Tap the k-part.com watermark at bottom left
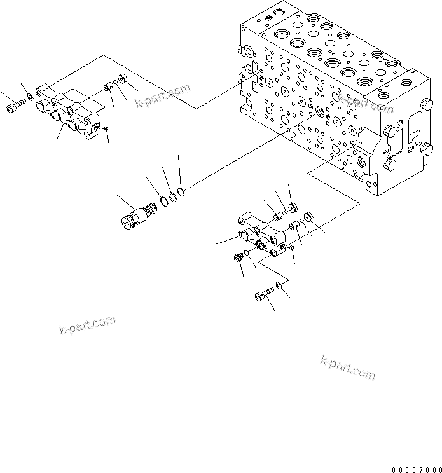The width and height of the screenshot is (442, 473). (x=84, y=325)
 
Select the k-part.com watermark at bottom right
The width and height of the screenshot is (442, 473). (x=348, y=368)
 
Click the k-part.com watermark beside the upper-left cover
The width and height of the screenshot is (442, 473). (x=163, y=95)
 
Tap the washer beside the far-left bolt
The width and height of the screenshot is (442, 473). (x=31, y=99)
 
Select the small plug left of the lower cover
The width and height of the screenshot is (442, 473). (x=238, y=257)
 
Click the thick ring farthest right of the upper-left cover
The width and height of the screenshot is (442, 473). (x=122, y=80)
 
